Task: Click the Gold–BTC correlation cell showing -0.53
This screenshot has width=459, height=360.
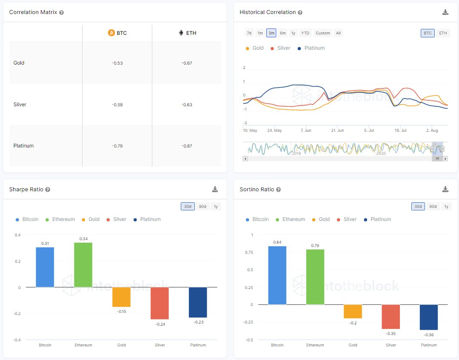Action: pyautogui.click(x=117, y=63)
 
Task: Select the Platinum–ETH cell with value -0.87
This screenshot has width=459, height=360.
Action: pyautogui.click(x=187, y=146)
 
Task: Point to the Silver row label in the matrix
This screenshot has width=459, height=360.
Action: pyautogui.click(x=20, y=104)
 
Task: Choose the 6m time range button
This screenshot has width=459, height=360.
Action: pyautogui.click(x=282, y=33)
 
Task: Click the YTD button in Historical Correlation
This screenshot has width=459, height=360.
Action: pyautogui.click(x=305, y=33)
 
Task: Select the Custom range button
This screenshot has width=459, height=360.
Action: pyautogui.click(x=322, y=33)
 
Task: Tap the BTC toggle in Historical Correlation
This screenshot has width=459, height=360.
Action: pyautogui.click(x=428, y=33)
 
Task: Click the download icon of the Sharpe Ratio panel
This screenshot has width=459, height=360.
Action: pyautogui.click(x=215, y=190)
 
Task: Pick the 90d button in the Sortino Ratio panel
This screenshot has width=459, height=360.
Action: pyautogui.click(x=433, y=207)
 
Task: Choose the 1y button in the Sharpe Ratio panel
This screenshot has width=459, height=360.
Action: pyautogui.click(x=216, y=207)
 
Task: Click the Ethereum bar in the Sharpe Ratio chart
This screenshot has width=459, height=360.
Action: pyautogui.click(x=83, y=264)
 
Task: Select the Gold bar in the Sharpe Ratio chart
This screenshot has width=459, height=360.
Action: pyautogui.click(x=121, y=297)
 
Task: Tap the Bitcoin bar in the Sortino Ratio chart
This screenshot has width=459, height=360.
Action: pyautogui.click(x=277, y=275)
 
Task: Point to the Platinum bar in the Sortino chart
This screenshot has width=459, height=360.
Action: pyautogui.click(x=428, y=317)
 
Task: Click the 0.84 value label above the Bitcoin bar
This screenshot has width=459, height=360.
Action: pyautogui.click(x=277, y=242)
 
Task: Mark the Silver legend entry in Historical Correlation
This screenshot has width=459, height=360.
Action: pyautogui.click(x=280, y=48)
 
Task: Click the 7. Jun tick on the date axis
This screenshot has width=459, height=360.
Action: pyautogui.click(x=305, y=130)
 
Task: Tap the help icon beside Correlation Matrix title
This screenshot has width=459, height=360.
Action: pyautogui.click(x=62, y=12)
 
